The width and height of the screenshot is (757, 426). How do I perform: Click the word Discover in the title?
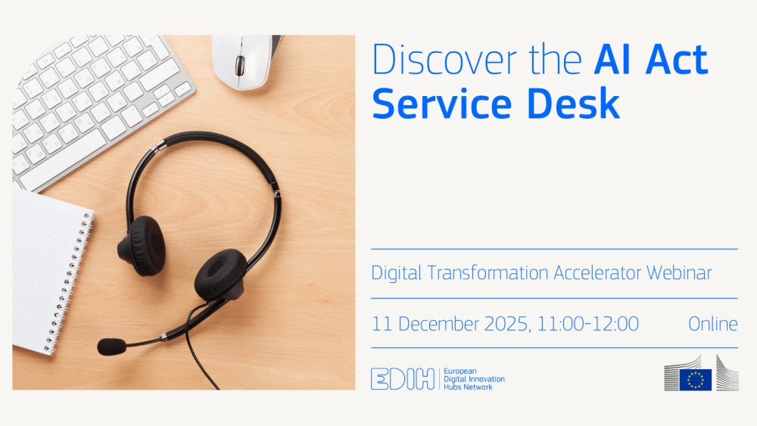pos(444,59)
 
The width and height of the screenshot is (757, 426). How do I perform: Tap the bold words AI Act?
pos(651,59)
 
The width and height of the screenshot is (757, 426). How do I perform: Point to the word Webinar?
pos(679,272)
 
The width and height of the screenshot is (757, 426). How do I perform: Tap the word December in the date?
pos(438,324)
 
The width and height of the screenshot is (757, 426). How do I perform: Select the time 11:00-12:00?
pos(587,324)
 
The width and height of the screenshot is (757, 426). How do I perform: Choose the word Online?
pos(713,324)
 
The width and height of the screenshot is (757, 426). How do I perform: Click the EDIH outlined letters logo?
pos(403,379)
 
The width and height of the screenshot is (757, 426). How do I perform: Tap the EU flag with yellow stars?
pos(695,379)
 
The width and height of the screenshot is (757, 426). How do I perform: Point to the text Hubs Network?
pos(468,387)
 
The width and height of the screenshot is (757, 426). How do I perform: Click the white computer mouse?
pos(244,61)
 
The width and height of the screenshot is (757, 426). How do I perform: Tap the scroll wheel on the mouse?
pos(239,66)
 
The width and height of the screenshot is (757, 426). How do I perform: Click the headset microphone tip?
pos(111,346)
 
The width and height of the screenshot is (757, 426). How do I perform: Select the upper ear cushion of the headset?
pos(142,246)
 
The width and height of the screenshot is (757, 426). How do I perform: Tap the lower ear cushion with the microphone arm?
pos(220,275)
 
